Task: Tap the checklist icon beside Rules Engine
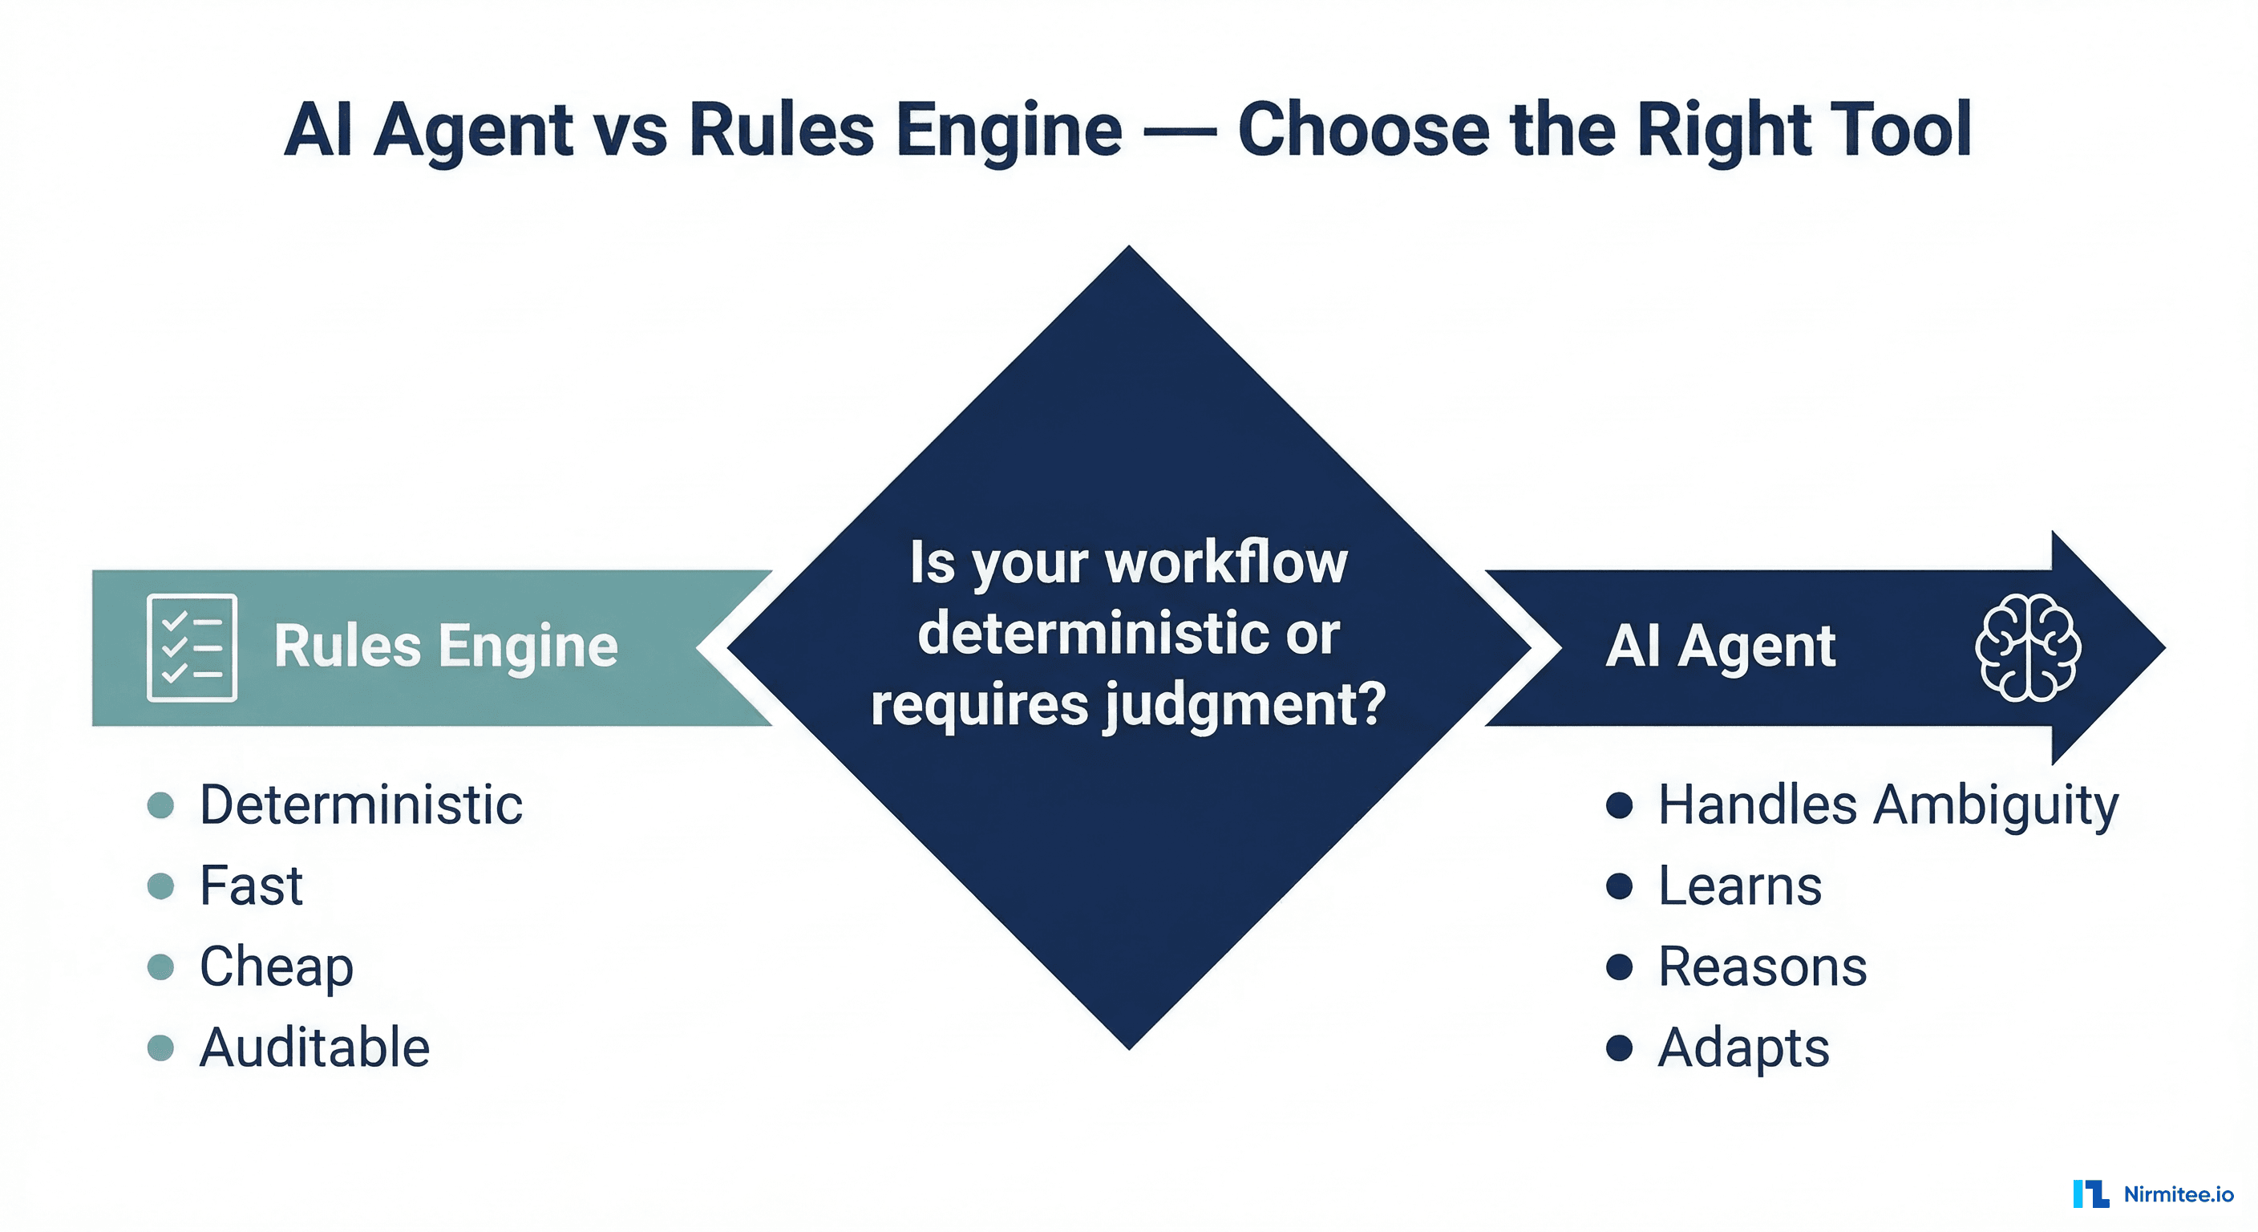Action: (192, 647)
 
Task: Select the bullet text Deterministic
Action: (360, 805)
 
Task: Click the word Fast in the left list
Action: (251, 885)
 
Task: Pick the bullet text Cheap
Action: (276, 967)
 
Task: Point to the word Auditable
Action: (314, 1048)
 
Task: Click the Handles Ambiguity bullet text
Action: (1888, 805)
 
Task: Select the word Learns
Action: (1739, 885)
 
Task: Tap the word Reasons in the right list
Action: (1762, 967)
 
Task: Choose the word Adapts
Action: (1742, 1048)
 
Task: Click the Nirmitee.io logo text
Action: (2179, 1194)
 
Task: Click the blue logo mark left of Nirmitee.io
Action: (2090, 1194)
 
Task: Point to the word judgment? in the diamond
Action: (1244, 706)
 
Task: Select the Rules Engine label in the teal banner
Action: (445, 646)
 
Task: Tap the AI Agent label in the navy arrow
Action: (1720, 646)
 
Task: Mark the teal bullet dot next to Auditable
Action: (160, 1048)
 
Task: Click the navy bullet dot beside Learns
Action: (1619, 885)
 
